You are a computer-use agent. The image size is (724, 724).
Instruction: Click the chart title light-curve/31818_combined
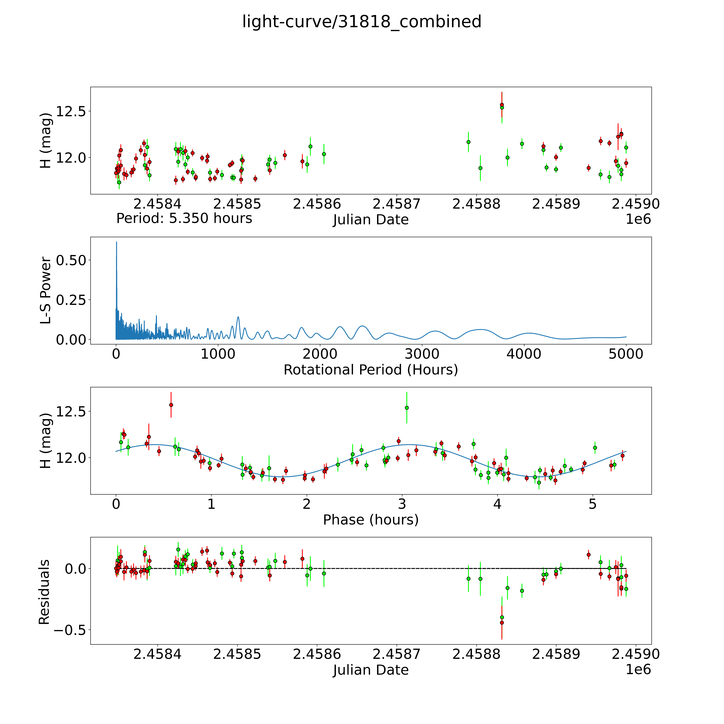click(x=362, y=22)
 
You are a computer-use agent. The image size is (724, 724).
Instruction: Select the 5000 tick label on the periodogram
click(x=626, y=354)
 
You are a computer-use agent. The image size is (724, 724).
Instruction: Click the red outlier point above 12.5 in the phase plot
click(x=171, y=405)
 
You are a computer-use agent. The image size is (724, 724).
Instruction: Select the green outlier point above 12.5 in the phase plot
click(x=407, y=408)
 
